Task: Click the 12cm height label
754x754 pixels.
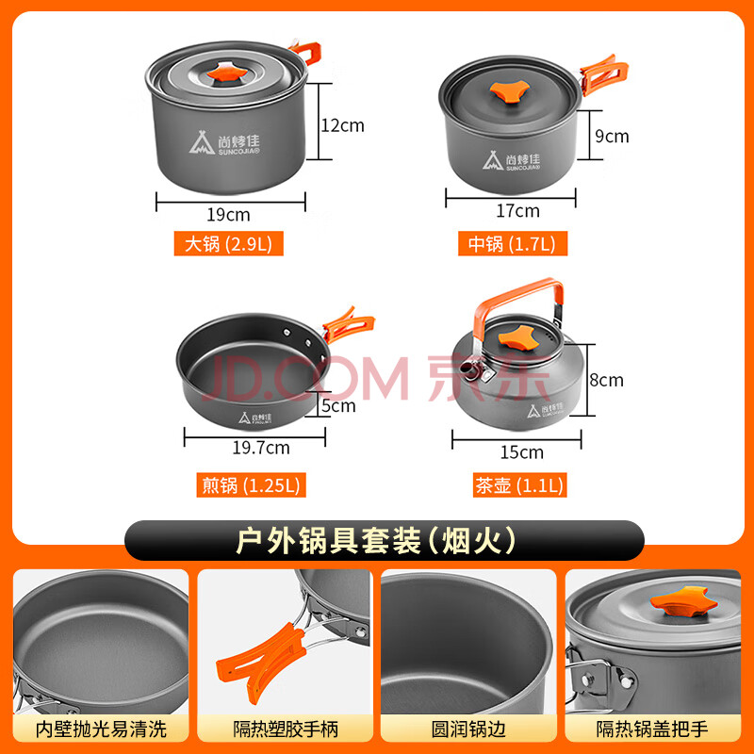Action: (342, 125)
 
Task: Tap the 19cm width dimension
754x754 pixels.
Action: (228, 215)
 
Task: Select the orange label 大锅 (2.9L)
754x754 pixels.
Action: (228, 243)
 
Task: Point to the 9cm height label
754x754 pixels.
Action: (612, 136)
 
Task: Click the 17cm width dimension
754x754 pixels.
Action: (517, 210)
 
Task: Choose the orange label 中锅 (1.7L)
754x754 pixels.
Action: (512, 243)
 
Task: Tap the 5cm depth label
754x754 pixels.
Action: (338, 406)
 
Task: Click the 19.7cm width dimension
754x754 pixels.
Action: (261, 448)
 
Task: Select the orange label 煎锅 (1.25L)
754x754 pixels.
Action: (251, 484)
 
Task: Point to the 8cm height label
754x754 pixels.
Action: (606, 380)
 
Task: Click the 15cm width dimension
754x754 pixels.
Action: (522, 452)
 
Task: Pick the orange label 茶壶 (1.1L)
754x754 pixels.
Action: (519, 484)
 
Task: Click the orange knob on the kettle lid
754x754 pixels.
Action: (516, 336)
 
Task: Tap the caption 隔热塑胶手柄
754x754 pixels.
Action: (286, 729)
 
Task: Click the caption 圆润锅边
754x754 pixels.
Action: (468, 729)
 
